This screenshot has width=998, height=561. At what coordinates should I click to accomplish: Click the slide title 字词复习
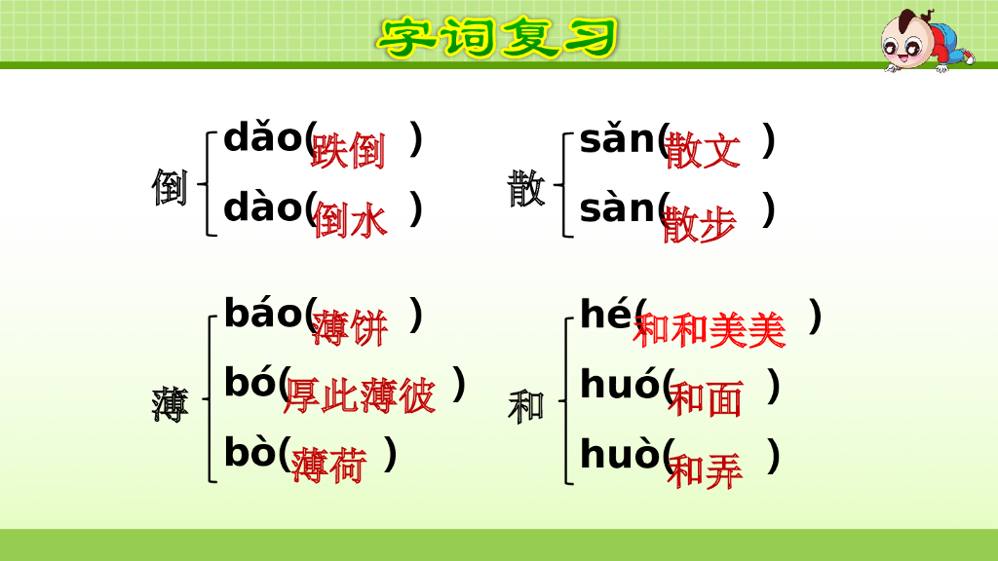point(498,38)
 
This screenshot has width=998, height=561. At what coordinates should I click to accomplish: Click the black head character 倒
point(170,187)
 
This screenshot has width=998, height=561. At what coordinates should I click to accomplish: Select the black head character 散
point(526,187)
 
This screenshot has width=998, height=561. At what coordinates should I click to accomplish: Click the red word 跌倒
point(348,151)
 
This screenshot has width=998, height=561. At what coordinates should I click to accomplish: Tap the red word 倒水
point(350,221)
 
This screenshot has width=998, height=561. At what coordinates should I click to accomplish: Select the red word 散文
point(703,152)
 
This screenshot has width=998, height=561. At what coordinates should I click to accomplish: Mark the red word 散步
point(699,226)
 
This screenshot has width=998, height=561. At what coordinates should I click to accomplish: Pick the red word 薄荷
point(329,467)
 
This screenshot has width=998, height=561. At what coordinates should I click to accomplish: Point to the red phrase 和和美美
point(710,331)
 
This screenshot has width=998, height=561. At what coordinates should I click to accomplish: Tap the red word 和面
point(705,399)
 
